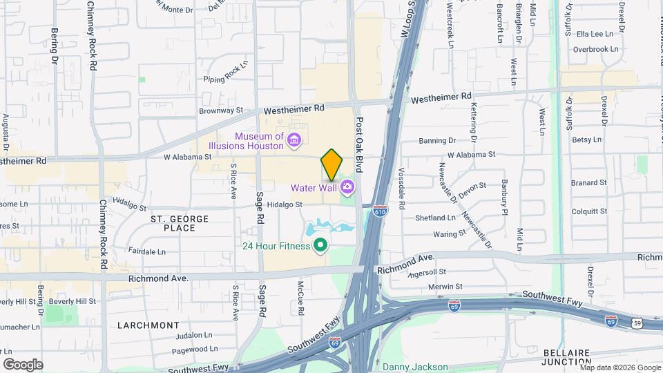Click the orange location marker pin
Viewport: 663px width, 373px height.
[331, 164]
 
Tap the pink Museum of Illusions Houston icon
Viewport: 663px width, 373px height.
[294, 141]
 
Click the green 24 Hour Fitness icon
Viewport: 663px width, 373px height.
[320, 245]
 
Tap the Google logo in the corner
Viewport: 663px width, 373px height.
[23, 364]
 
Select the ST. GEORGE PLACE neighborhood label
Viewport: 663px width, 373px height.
[179, 223]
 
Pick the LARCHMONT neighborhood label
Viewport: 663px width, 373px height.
[148, 325]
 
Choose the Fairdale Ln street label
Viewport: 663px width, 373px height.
[147, 252]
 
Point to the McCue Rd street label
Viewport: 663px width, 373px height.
[301, 297]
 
